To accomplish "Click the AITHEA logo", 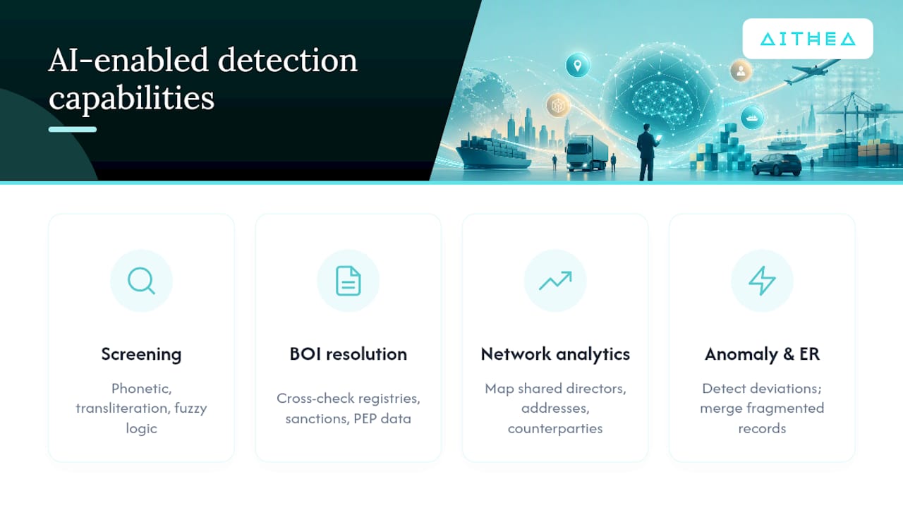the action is click(808, 39).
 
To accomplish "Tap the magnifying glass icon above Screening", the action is click(141, 281).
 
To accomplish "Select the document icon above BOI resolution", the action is click(349, 281).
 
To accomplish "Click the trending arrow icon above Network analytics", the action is click(555, 281).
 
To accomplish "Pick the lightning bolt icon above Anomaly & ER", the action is click(762, 281).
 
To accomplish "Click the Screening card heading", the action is click(141, 354).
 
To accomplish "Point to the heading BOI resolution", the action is click(349, 354).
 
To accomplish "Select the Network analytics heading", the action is click(555, 354).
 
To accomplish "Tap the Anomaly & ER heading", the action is click(762, 354).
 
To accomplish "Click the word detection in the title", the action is click(287, 61).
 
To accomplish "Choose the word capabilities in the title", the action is click(131, 98).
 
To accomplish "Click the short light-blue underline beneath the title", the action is click(73, 129).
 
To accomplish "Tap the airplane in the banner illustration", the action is click(811, 71).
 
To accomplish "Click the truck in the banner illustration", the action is click(586, 153).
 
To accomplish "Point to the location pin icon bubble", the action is click(577, 65).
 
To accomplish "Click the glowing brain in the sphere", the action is click(662, 101).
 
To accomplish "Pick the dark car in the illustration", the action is click(777, 164).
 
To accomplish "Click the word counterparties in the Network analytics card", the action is click(555, 428).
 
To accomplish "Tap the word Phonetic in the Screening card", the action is click(142, 389).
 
